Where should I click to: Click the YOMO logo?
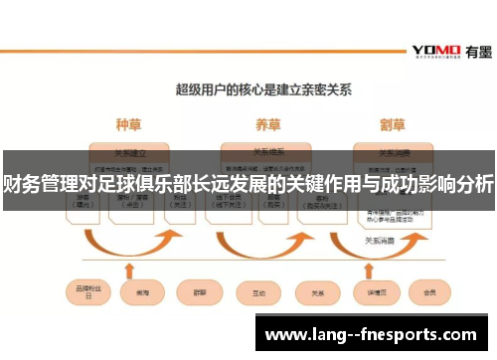click(435, 51)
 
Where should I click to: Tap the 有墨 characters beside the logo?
click(474, 51)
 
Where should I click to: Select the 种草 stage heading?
click(129, 125)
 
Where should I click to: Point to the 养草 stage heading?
click(266, 125)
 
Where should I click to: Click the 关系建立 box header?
click(129, 153)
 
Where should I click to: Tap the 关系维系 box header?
click(266, 153)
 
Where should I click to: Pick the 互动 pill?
click(259, 293)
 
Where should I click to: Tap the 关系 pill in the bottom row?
click(318, 293)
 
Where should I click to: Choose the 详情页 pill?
click(375, 293)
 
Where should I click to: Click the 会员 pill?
click(429, 293)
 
